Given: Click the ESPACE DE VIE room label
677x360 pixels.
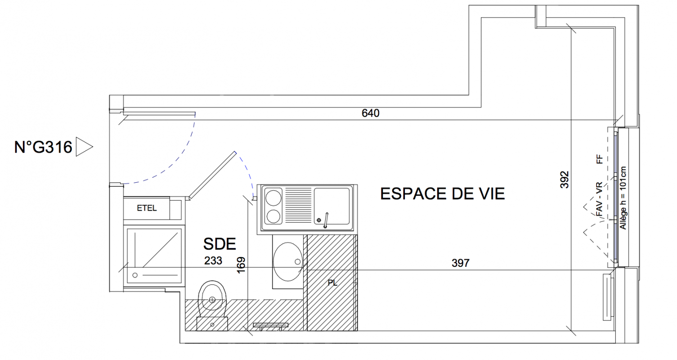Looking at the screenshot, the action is pos(443,194).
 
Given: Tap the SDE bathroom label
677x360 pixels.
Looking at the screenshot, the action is pos(220,244).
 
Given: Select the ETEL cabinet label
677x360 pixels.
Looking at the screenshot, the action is pos(147,208).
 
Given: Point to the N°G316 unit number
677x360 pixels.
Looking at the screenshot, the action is pos(43,147).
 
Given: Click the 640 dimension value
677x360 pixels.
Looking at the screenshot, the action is pos(370,113).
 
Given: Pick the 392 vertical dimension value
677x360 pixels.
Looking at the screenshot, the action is pos(564,180).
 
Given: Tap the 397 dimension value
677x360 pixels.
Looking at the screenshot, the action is pos(461,263).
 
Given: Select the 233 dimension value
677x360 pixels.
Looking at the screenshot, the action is pos(213,261).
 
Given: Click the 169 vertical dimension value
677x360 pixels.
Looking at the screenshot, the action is pos(241,265).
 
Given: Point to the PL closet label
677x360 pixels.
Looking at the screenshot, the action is pos(332,283).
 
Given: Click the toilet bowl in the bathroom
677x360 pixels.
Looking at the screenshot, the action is pos(212,298).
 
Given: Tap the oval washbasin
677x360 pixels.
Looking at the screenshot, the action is pos(288,261).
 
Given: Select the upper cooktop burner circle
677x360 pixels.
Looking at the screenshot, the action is pos(273,198).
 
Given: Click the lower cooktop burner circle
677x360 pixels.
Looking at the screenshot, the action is pos(273,217).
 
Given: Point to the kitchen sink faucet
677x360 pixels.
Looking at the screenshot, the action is pos(326,220).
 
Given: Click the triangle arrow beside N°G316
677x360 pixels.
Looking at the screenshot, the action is pos(84,147).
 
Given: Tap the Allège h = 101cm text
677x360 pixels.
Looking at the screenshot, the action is pos(623,198).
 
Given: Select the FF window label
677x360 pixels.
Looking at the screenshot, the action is pos(599,159).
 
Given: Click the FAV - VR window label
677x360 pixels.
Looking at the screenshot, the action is pos(599,199).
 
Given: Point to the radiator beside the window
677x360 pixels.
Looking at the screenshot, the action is pos(608,297).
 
